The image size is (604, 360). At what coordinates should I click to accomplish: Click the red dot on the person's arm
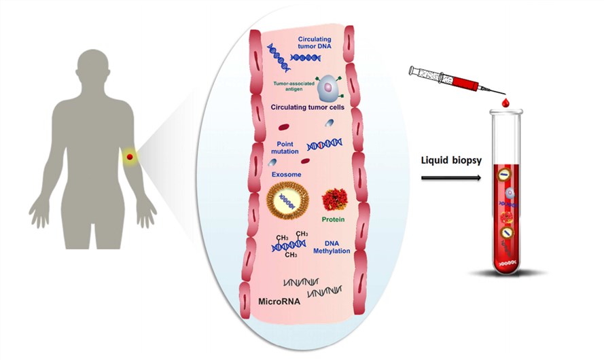[129, 158]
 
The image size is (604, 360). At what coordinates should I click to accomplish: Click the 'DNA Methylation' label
[332, 247]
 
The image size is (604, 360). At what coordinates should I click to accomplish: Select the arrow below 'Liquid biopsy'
[450, 179]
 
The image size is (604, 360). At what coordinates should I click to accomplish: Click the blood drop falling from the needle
[504, 103]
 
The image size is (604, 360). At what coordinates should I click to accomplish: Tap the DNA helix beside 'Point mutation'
[325, 144]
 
